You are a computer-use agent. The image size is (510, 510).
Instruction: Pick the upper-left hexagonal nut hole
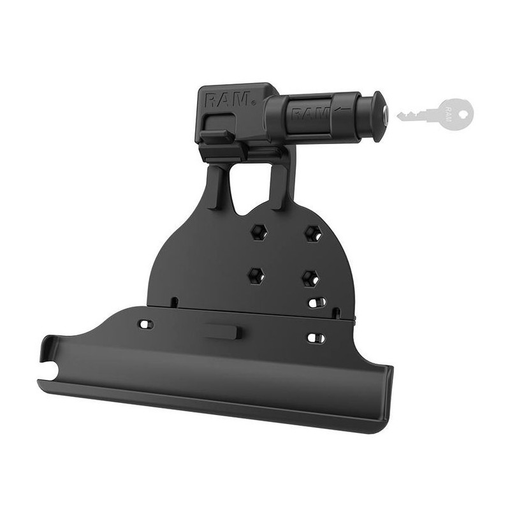click(259, 232)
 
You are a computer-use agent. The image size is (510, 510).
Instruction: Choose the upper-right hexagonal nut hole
click(313, 233)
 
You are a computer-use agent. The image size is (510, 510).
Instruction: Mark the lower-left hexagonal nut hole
click(256, 276)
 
